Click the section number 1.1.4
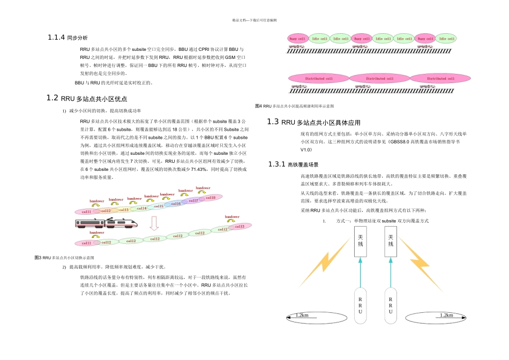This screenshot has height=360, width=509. [56, 37]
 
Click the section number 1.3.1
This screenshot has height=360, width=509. [277, 164]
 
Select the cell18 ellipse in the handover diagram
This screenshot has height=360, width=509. [210, 198]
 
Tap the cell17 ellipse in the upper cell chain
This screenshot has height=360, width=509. [193, 201]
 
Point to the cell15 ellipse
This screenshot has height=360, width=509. [159, 206]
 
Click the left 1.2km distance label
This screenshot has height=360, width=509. [302, 316]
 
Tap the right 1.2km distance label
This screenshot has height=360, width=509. [446, 316]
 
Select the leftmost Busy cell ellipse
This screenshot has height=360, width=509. [297, 39]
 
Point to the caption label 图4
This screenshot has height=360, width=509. [258, 106]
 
